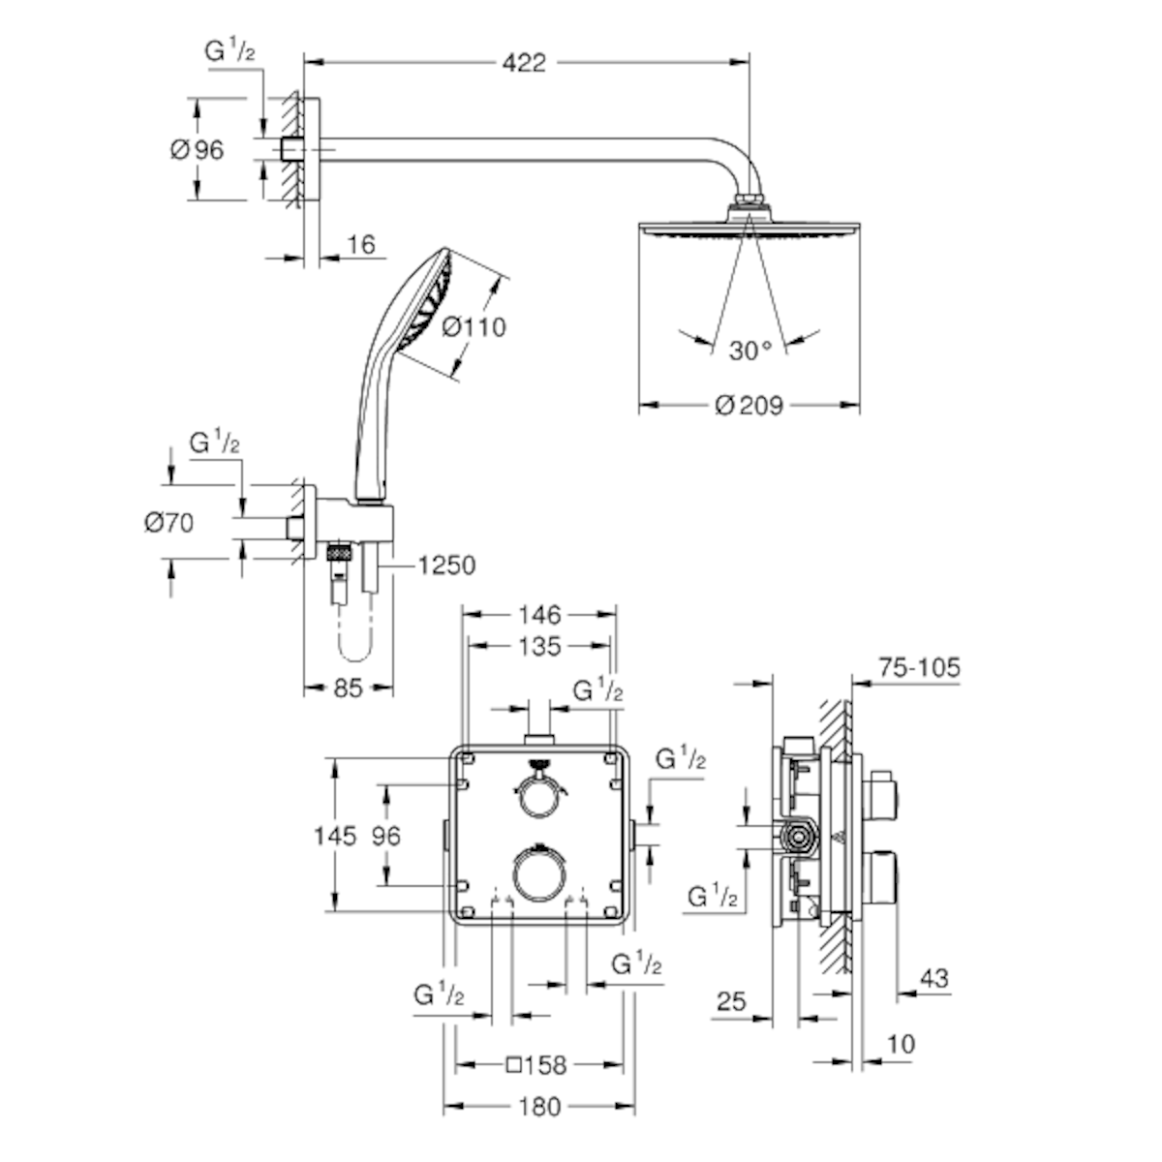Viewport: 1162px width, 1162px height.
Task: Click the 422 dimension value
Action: [524, 62]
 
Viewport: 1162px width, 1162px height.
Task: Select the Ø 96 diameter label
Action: [198, 149]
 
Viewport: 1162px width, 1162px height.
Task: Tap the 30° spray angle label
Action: [750, 351]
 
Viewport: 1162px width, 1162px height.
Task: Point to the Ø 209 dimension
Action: [749, 405]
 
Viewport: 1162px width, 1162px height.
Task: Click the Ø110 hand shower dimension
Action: [474, 327]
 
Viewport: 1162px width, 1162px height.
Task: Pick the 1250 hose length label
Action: [446, 565]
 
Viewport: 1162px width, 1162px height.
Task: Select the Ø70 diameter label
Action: [168, 522]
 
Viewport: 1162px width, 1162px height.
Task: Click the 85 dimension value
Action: [348, 688]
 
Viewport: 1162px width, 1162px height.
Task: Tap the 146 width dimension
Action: [539, 615]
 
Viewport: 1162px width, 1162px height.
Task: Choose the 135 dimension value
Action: [539, 647]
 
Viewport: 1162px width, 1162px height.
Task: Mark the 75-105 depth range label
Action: [919, 667]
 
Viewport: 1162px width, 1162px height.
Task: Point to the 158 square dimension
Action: [536, 1065]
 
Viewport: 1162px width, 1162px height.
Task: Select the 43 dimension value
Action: [934, 978]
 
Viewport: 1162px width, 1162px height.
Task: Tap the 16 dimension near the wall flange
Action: [361, 244]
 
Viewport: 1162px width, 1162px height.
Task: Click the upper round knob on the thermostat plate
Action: [538, 797]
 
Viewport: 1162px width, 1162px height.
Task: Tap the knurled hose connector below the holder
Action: [340, 552]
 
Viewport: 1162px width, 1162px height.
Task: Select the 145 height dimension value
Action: [335, 837]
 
